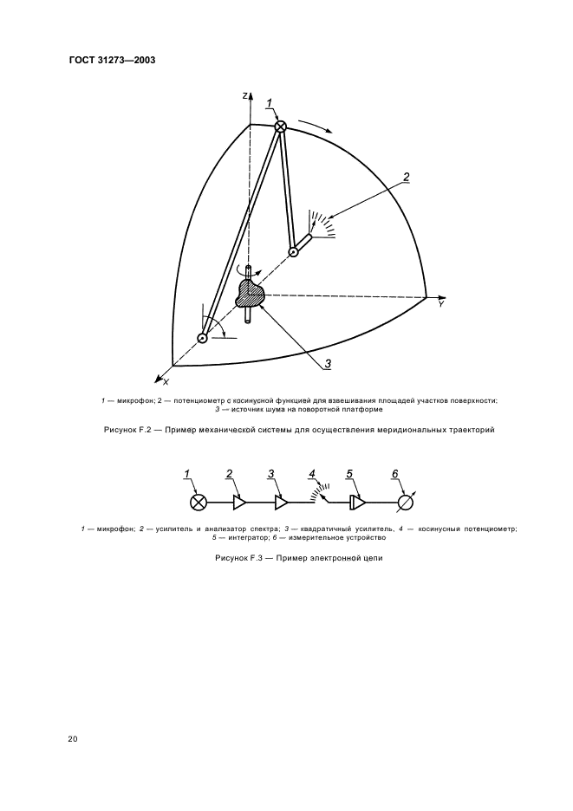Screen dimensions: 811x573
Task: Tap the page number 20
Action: pos(73,739)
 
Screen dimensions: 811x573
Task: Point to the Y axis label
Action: pos(441,305)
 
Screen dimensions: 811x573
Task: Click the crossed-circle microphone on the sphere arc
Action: pos(280,127)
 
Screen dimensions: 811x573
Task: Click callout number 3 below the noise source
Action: pos(328,363)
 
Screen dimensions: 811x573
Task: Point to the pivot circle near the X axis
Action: pos(202,338)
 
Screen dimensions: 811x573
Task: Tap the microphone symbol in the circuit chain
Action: pos(199,502)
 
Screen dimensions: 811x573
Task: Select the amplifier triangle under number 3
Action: pos(281,502)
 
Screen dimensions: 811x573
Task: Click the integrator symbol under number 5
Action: pos(355,502)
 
